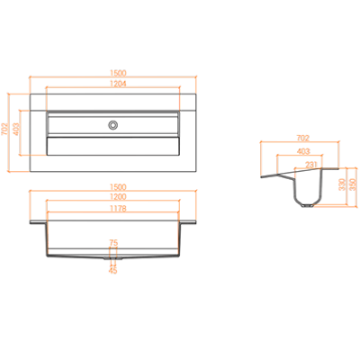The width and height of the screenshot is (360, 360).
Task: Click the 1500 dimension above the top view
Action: pyautogui.click(x=118, y=73)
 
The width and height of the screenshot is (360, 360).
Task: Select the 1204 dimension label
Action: pyautogui.click(x=118, y=84)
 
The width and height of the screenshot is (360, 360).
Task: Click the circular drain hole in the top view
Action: pyautogui.click(x=113, y=125)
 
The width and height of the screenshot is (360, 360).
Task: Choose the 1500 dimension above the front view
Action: pyautogui.click(x=118, y=187)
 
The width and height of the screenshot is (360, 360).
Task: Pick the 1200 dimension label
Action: pyautogui.click(x=118, y=197)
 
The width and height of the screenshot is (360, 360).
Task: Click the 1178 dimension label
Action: pyautogui.click(x=118, y=208)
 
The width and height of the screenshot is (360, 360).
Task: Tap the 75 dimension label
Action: pyautogui.click(x=113, y=243)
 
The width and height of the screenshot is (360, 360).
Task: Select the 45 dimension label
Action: pyautogui.click(x=112, y=270)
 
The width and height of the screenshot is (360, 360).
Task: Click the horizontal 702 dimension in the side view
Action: pyautogui.click(x=302, y=139)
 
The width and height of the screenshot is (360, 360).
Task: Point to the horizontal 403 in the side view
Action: pyautogui.click(x=303, y=151)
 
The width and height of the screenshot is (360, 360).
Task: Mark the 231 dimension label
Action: pyautogui.click(x=311, y=165)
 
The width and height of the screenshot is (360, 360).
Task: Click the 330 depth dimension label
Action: pyautogui.click(x=341, y=184)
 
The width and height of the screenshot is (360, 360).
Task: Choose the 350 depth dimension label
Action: pyautogui.click(x=353, y=184)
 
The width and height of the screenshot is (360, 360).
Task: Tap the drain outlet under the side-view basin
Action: pyautogui.click(x=307, y=206)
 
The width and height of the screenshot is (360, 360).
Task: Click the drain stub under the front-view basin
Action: pyautogui.click(x=113, y=258)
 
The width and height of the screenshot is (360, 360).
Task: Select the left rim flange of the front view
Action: pyautogui.click(x=38, y=222)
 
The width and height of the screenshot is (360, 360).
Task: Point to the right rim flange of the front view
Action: pyautogui.click(x=188, y=222)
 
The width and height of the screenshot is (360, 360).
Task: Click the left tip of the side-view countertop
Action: pyautogui.click(x=262, y=177)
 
